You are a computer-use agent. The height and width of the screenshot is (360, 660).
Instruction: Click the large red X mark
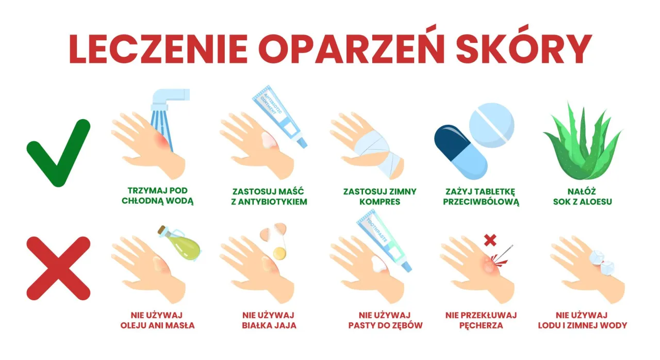(58, 268)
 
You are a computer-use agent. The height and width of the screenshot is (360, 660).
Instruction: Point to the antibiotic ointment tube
(278, 116)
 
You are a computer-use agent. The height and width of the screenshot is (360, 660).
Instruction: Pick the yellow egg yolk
(279, 253)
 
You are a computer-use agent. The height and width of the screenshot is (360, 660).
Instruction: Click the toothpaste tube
(384, 244)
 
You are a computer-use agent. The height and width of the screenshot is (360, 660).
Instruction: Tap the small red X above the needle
(490, 240)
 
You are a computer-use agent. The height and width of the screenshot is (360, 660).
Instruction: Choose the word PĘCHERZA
(481, 325)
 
